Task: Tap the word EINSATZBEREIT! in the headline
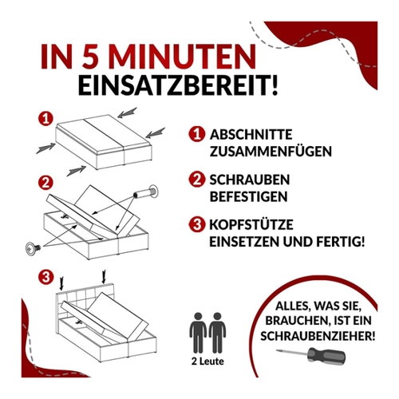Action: click(178, 85)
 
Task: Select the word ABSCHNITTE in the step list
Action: click(251, 135)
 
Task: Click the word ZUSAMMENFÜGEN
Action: click(271, 151)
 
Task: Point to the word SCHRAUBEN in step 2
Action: click(250, 180)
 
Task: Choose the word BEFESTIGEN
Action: click(248, 196)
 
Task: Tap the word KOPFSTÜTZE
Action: click(251, 224)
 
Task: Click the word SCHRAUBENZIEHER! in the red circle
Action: click(318, 336)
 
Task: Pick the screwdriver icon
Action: click(311, 354)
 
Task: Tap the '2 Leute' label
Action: click(207, 361)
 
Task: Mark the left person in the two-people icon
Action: click(198, 333)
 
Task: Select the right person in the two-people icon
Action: click(217, 333)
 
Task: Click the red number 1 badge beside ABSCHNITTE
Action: click(197, 134)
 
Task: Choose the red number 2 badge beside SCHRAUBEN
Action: click(197, 180)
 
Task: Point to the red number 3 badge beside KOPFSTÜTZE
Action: click(197, 224)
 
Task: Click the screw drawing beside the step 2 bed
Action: click(33, 248)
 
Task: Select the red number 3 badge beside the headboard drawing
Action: click(46, 277)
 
